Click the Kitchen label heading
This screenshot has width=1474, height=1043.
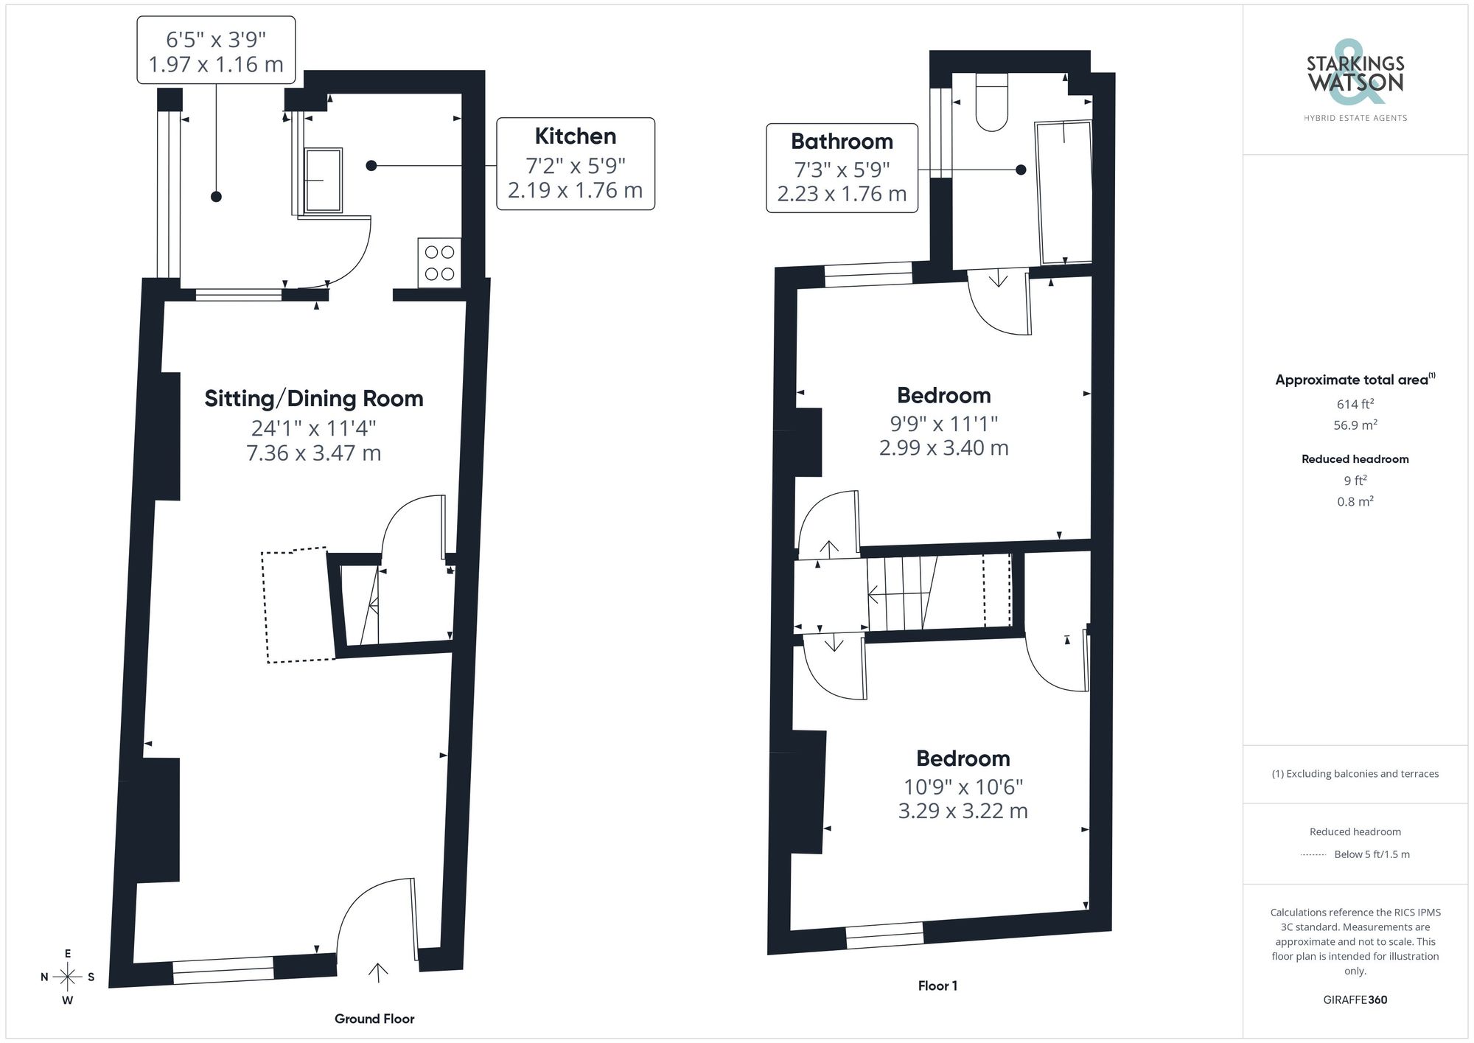575,136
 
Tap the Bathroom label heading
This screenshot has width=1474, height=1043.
842,142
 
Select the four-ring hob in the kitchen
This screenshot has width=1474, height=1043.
439,263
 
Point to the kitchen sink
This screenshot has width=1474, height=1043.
323,180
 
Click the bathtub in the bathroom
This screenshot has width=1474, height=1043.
1065,193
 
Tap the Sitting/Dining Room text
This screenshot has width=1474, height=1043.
314,399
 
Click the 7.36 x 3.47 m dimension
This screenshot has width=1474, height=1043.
314,453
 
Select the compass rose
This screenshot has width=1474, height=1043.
68,977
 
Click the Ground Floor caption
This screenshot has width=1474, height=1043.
374,1019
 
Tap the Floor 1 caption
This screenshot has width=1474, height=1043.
937,986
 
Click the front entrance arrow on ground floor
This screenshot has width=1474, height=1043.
378,972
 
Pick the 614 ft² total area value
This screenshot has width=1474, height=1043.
1355,404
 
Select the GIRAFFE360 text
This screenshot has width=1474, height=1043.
1355,1000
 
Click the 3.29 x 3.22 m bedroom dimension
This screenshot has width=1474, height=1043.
963,811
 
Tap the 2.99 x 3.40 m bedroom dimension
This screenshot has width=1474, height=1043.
943,447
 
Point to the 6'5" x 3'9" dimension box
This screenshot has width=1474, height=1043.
216,50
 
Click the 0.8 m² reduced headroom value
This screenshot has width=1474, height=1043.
1355,501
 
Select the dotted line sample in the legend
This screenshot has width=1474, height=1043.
1313,855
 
